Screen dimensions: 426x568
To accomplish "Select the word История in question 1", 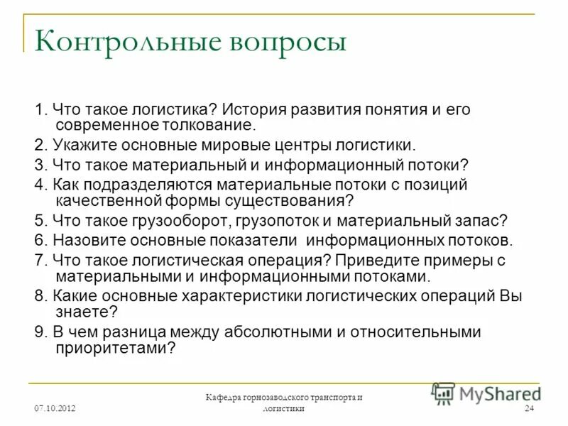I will [x=256, y=110].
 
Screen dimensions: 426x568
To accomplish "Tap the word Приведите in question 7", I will [x=381, y=259].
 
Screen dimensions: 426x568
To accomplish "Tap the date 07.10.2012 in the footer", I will [x=55, y=409].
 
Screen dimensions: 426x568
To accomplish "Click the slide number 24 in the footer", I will [x=529, y=409].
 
